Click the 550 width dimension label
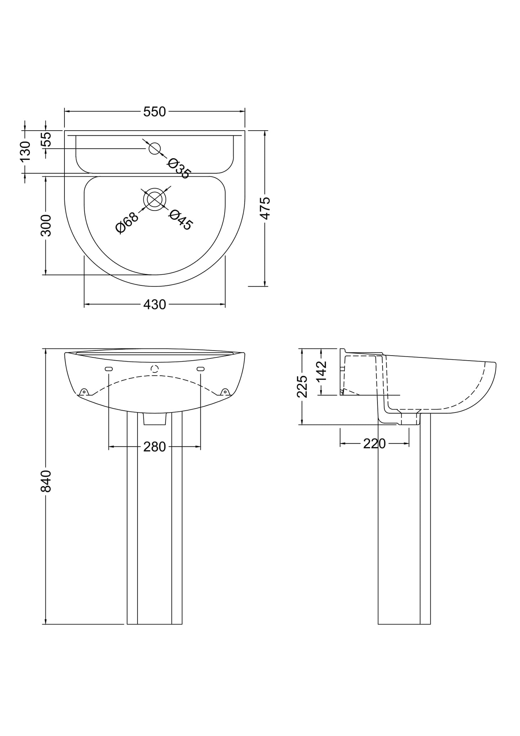point(154,112)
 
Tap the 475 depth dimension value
point(265,208)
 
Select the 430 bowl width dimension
point(154,305)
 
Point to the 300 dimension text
point(46,225)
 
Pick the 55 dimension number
point(46,139)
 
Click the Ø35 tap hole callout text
point(178,168)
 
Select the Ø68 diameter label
point(127,223)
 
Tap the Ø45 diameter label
point(181,220)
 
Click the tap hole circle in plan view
point(155,148)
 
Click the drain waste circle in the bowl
point(155,199)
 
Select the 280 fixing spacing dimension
point(154,447)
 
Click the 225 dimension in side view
point(302,387)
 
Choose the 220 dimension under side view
point(374,444)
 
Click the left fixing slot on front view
point(109,369)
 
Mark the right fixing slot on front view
point(201,369)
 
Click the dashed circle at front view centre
point(155,369)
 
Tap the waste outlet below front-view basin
point(155,418)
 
